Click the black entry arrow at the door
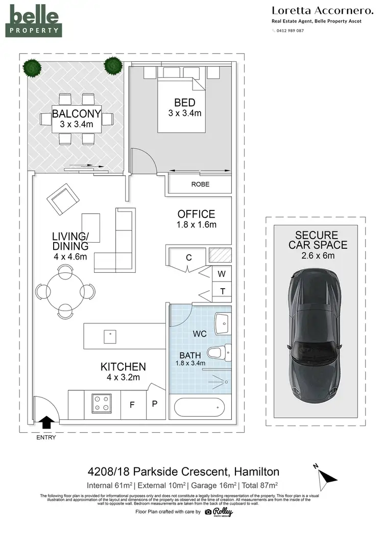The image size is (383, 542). (x=46, y=421)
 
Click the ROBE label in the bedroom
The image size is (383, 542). (x=200, y=184)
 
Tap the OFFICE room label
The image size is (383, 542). (x=196, y=214)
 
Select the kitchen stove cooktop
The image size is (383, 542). (x=102, y=402)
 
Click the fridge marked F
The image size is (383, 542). (x=132, y=405)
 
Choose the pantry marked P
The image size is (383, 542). (x=155, y=403)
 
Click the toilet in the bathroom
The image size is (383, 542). (x=221, y=351)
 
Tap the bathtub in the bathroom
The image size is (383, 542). (x=200, y=408)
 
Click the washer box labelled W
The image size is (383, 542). (x=222, y=274)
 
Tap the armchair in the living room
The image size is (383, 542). (x=61, y=198)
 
